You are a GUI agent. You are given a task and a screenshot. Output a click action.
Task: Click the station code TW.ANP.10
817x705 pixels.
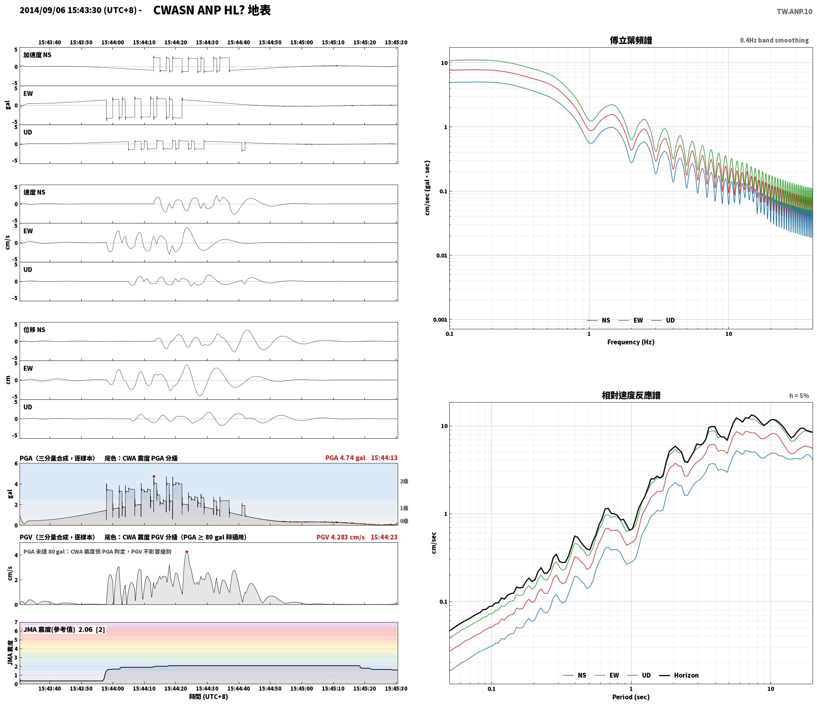tap(795, 12)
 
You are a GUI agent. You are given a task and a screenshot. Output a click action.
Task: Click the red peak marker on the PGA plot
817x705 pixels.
tap(154, 477)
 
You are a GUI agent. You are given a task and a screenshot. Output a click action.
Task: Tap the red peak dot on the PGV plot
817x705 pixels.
tap(187, 552)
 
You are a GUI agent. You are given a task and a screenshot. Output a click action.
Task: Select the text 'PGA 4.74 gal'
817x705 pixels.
tap(345, 458)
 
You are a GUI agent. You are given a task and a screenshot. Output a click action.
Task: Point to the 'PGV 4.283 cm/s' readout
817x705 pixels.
tap(340, 537)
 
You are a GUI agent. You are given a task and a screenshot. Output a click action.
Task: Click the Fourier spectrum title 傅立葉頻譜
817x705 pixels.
tap(631, 40)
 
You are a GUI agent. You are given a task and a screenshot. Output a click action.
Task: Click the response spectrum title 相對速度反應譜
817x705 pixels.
tap(631, 395)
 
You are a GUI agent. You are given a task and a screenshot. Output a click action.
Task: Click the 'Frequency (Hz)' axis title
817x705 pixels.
tap(631, 342)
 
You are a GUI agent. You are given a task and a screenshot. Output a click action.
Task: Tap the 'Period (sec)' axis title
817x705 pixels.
tap(631, 697)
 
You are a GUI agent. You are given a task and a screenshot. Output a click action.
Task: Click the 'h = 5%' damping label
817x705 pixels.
tap(799, 396)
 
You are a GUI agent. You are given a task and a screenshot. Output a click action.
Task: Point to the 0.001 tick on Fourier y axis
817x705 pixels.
tap(440, 320)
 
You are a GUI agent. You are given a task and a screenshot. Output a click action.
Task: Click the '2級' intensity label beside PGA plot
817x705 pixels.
tap(404, 481)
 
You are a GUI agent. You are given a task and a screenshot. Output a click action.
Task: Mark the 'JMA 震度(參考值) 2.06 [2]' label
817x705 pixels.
tap(64, 630)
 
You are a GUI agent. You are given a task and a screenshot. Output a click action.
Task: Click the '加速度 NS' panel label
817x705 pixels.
tap(37, 55)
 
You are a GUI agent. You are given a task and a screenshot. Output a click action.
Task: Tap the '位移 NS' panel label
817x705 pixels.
tap(34, 330)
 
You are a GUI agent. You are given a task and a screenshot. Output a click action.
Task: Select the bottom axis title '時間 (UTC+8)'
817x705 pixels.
tap(209, 697)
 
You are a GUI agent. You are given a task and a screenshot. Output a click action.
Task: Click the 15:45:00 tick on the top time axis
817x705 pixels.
tap(301, 42)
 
